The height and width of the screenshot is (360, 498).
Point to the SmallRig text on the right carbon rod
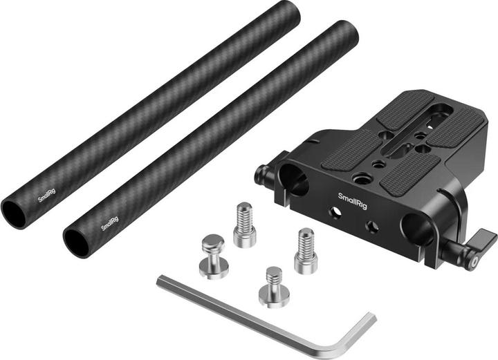pyautogui.click(x=109, y=224)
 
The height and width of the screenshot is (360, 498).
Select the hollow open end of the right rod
pyautogui.click(x=75, y=240)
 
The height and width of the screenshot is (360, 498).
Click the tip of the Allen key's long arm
pyautogui.click(x=160, y=281)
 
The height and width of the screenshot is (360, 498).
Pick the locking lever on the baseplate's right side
pyautogui.click(x=478, y=249)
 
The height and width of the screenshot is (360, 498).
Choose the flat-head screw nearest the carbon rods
pyautogui.click(x=212, y=254)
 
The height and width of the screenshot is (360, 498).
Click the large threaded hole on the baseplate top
pyautogui.click(x=360, y=178)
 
